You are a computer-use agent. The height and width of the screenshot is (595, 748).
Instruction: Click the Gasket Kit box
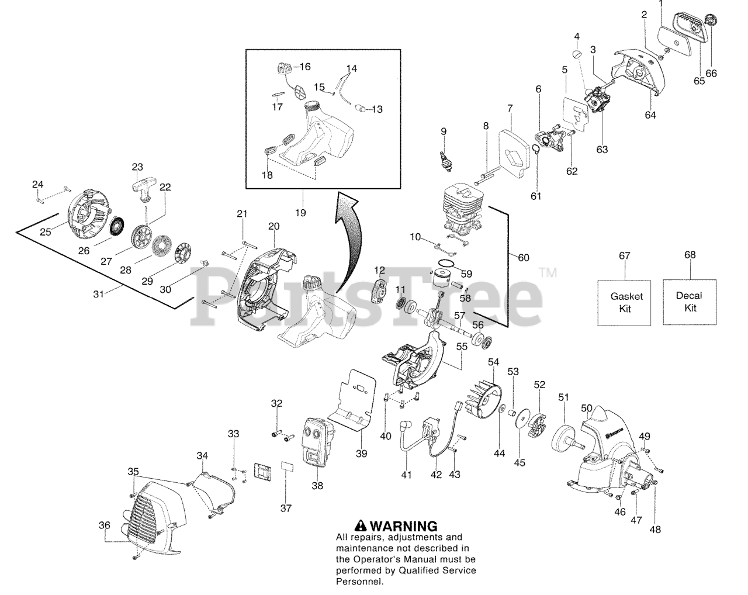tap(624, 302)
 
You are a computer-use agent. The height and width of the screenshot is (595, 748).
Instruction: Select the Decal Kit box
tap(689, 302)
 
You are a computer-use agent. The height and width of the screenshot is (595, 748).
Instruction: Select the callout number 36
tap(104, 525)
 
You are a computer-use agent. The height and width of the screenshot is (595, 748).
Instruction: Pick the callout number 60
tap(524, 258)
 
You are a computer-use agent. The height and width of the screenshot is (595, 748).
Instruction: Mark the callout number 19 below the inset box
tap(300, 213)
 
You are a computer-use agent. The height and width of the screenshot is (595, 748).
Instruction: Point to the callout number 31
tap(98, 294)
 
